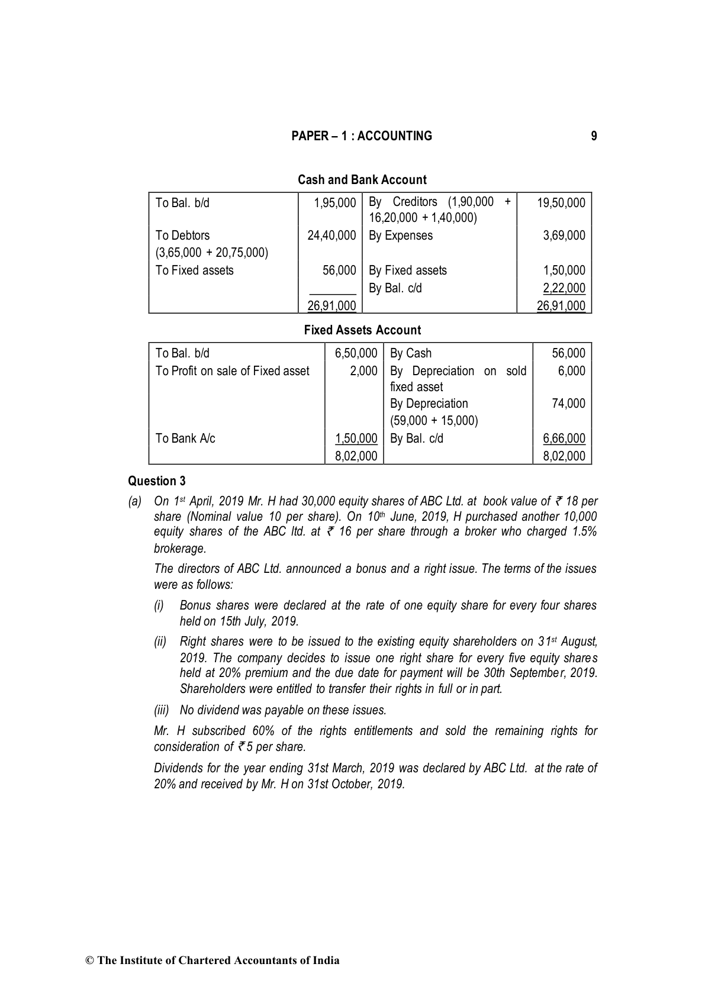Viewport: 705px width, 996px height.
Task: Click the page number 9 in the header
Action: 594,136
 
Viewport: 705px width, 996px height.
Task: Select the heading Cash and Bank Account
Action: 362,180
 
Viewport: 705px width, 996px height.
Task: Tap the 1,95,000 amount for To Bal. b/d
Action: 335,203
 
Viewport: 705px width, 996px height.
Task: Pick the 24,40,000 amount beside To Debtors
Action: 331,236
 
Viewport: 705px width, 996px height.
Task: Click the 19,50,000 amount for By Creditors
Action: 561,203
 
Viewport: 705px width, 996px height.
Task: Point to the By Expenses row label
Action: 400,236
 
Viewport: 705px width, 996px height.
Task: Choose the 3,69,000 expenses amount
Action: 564,236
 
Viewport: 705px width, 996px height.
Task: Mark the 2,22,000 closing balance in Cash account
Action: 564,288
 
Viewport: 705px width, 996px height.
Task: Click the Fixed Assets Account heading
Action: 362,330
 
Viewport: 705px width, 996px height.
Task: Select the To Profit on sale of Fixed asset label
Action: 232,371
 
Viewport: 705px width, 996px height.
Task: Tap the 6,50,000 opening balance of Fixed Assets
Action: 356,353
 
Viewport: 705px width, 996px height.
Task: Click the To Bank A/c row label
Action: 185,439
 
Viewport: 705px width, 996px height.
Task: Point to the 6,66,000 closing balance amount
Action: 564,439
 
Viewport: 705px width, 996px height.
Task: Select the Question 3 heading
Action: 157,481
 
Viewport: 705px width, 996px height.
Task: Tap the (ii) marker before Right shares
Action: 160,642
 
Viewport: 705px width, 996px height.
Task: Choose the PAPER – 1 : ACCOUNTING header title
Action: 362,136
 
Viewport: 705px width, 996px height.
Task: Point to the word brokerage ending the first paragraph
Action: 179,549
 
